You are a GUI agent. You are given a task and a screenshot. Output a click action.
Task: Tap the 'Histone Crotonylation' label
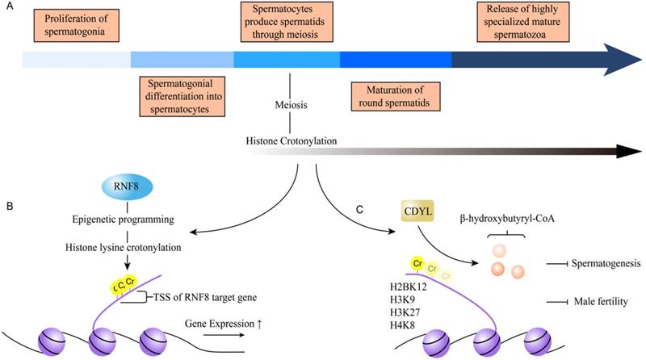point(291,141)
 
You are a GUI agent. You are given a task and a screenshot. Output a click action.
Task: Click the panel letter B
point(8,207)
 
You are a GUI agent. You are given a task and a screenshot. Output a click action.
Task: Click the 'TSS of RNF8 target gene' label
point(195,298)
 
